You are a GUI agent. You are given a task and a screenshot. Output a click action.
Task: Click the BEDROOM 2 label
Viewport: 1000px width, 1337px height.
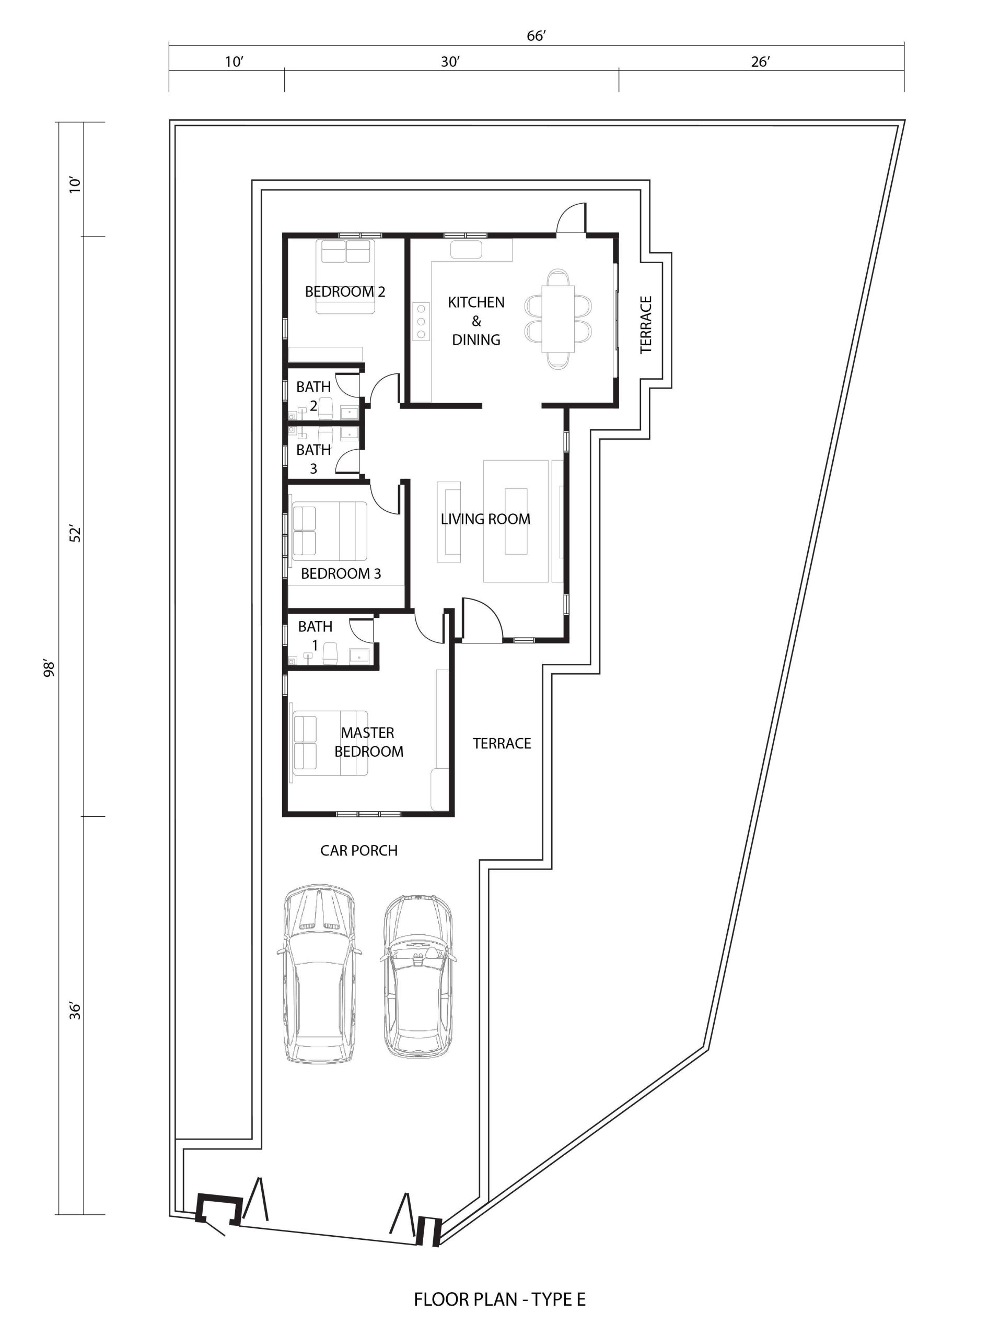pyautogui.click(x=345, y=291)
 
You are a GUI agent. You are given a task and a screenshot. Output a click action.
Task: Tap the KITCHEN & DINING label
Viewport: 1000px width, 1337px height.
pyautogui.click(x=476, y=321)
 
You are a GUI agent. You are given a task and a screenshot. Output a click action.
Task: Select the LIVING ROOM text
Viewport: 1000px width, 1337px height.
pyautogui.click(x=485, y=519)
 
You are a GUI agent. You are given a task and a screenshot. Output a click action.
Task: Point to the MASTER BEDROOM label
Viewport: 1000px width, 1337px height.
pyautogui.click(x=368, y=742)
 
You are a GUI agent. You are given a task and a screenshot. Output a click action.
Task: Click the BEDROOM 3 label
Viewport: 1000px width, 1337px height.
pyautogui.click(x=341, y=573)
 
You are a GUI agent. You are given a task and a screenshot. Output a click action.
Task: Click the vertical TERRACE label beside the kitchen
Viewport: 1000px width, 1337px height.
pyautogui.click(x=646, y=324)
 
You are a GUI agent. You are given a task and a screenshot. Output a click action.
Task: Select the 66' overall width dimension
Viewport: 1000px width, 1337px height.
pyautogui.click(x=536, y=36)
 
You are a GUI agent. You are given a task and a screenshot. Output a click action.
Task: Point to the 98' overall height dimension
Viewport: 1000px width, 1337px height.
pyautogui.click(x=50, y=668)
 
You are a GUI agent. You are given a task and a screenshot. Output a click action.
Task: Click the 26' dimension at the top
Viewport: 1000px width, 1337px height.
pyautogui.click(x=760, y=62)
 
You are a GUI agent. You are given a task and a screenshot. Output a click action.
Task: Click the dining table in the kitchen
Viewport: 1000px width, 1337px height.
pyautogui.click(x=557, y=319)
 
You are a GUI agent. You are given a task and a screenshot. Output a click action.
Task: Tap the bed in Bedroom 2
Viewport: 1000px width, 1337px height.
pyautogui.click(x=346, y=276)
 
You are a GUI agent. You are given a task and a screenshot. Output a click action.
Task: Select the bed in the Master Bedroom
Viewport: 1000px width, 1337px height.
pyautogui.click(x=330, y=743)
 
